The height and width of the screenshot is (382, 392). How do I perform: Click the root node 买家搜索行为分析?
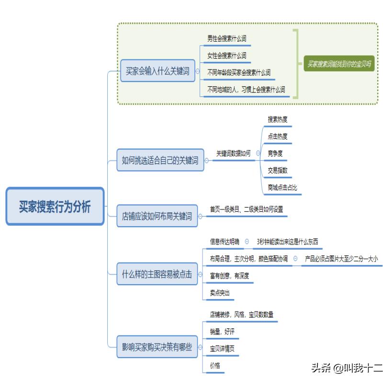pos(55,207)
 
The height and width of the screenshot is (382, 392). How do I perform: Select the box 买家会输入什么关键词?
pos(157,71)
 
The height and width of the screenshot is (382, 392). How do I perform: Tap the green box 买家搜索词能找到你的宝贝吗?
pos(339,63)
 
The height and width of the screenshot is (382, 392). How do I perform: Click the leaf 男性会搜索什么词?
pos(227,38)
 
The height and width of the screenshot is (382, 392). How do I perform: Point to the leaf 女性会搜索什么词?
pos(227,56)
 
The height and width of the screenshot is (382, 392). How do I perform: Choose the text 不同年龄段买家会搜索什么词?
pos(239,73)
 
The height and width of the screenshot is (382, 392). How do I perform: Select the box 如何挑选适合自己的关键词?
pos(160,161)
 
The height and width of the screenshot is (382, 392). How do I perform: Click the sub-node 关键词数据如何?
pos(233,154)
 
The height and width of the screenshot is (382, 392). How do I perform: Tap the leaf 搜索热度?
pos(278,119)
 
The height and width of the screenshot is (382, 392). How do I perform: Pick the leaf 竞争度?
pos(275,154)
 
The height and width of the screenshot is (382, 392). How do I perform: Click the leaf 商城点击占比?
pos(282,188)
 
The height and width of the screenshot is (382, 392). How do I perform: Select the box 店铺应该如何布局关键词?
pos(157,216)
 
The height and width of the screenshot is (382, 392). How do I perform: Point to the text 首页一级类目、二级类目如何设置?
pos(246,209)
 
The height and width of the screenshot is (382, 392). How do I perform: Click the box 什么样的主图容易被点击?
pos(157,275)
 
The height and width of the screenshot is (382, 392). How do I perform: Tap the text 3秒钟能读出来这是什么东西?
pos(287,242)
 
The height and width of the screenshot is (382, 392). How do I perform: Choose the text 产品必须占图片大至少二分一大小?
pos(341,259)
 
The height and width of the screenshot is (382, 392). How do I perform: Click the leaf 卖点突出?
pos(220,293)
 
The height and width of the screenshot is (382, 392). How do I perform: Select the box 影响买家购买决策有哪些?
pos(157,347)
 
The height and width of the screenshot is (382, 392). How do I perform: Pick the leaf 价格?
pos(215,366)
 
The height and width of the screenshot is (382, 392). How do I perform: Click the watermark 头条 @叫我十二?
pos(347,368)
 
